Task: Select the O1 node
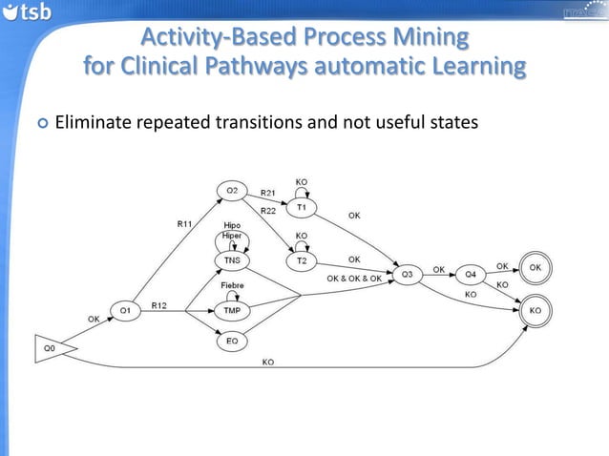(124, 310)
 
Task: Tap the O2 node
(231, 191)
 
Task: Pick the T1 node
(302, 207)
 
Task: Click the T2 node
(302, 260)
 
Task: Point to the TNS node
(232, 260)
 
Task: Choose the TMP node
(231, 311)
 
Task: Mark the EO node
(231, 340)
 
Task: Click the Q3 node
(406, 275)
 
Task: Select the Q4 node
(470, 275)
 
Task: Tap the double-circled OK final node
(535, 268)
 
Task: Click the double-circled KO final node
(535, 310)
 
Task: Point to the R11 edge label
(184, 223)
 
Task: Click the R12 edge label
(160, 305)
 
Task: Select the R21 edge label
(269, 193)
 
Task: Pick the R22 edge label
(269, 210)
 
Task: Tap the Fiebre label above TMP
(232, 285)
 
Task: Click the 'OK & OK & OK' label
(354, 279)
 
